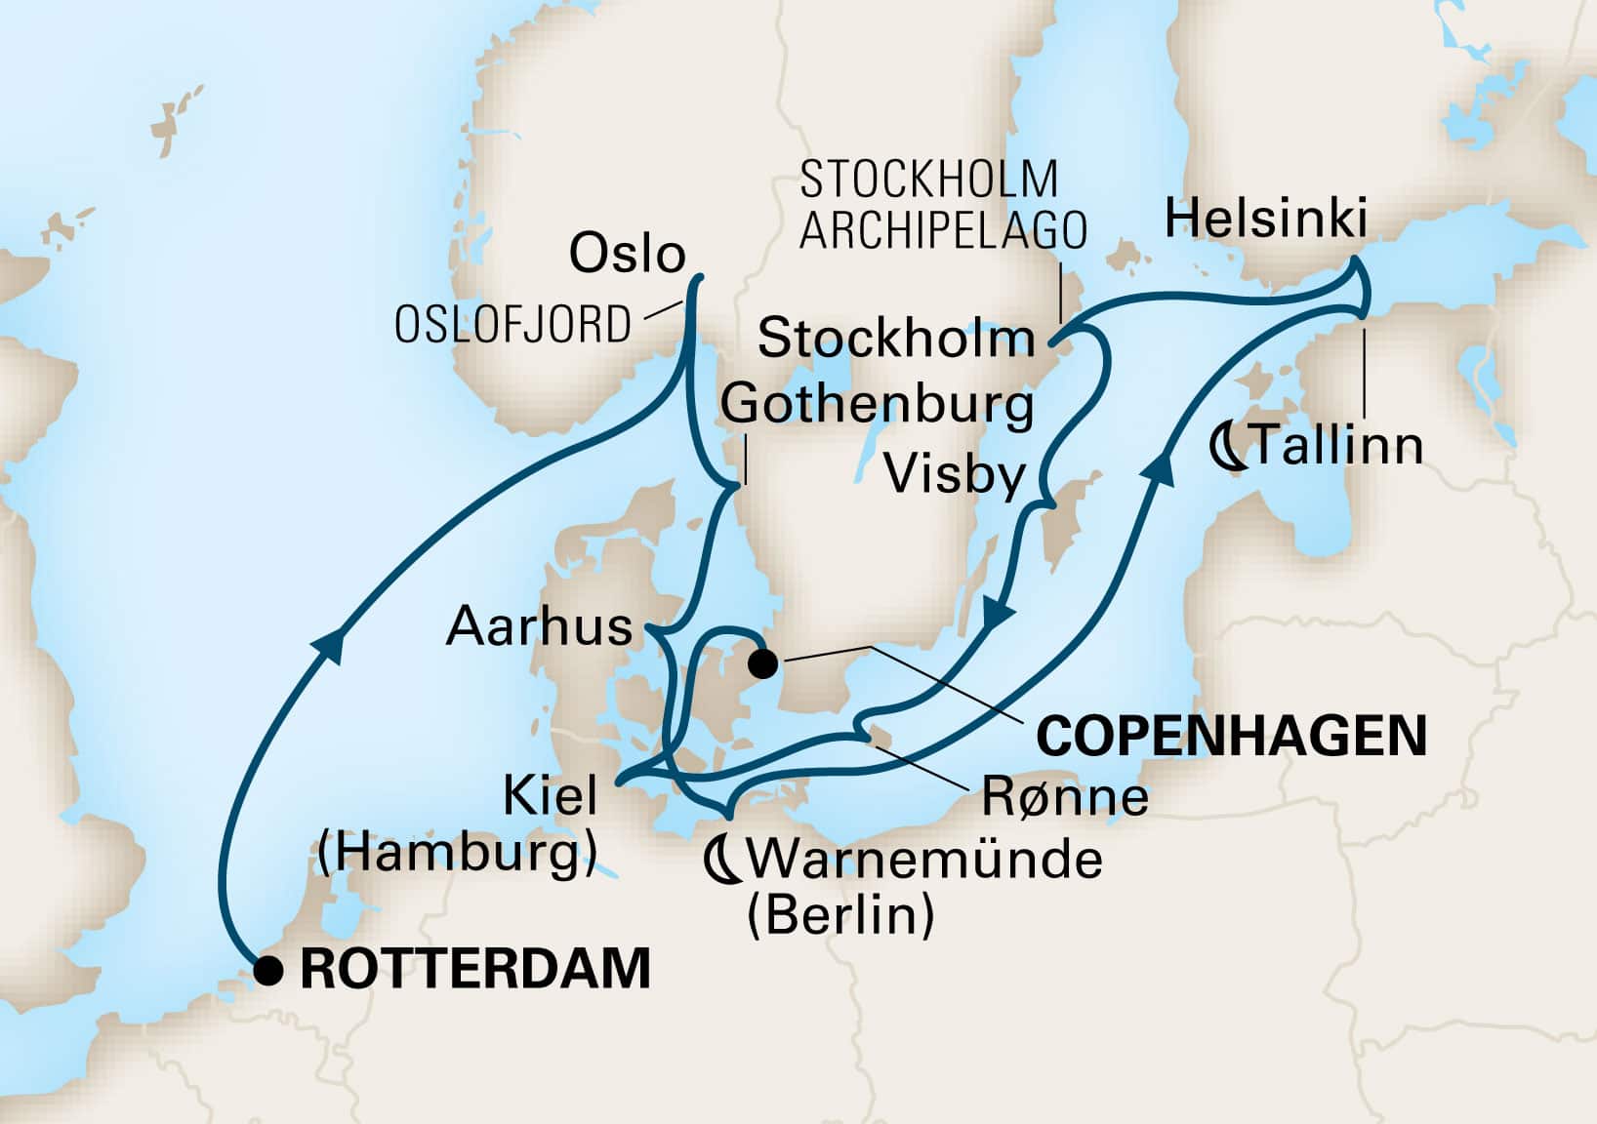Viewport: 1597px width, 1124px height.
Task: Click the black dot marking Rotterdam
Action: tap(268, 970)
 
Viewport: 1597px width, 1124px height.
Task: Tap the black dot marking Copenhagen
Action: tap(762, 664)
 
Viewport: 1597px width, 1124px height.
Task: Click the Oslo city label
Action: tap(628, 254)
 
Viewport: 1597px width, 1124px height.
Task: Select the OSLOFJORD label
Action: tap(512, 325)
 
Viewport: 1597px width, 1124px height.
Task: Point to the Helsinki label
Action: tap(1266, 220)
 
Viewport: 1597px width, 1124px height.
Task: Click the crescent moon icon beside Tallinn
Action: tap(1226, 447)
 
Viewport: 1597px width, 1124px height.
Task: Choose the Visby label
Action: tap(955, 476)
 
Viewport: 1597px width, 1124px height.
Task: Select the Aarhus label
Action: tap(540, 626)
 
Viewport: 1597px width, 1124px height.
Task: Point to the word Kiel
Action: tap(550, 797)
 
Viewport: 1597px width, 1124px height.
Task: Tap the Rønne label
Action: tap(1065, 797)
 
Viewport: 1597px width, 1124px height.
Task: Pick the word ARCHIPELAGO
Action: tap(943, 231)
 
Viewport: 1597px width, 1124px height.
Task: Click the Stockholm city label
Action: tap(896, 339)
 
